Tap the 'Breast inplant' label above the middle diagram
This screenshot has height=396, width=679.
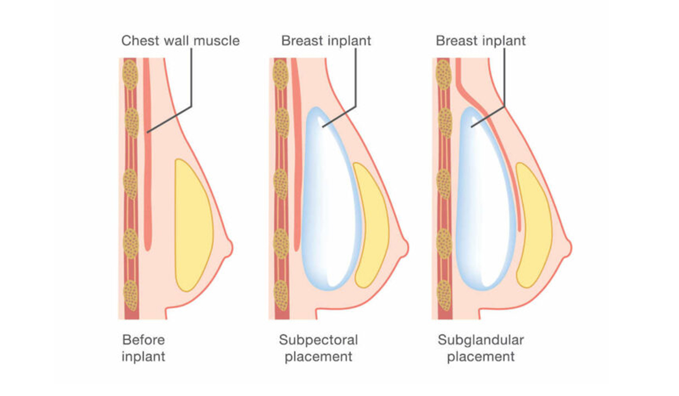pos(326,41)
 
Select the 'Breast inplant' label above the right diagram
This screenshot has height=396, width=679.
pos(480,41)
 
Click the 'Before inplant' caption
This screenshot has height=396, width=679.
pos(144,348)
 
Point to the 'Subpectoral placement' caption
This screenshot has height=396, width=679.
pos(318,348)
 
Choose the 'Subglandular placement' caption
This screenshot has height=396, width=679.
pos(480,348)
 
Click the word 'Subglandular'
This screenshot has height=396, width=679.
pos(480,340)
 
